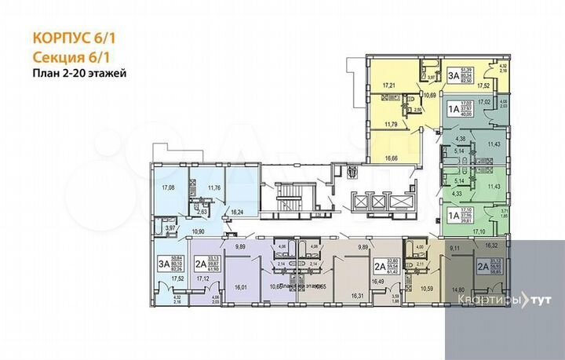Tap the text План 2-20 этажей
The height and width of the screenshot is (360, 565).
point(79,74)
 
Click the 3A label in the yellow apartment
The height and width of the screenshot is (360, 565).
point(454,75)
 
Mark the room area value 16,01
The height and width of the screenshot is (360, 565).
point(240,286)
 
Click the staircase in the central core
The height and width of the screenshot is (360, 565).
point(283,195)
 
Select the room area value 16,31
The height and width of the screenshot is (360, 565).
point(355,295)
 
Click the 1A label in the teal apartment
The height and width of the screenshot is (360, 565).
point(454,104)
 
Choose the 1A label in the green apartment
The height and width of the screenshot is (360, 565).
point(454,214)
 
